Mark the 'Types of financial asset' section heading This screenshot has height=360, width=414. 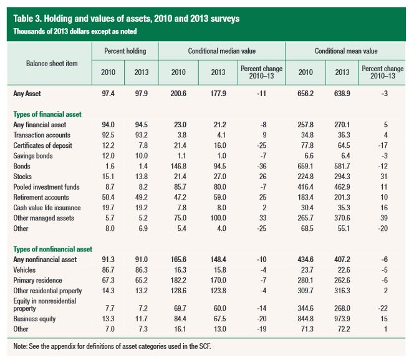[49, 114]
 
